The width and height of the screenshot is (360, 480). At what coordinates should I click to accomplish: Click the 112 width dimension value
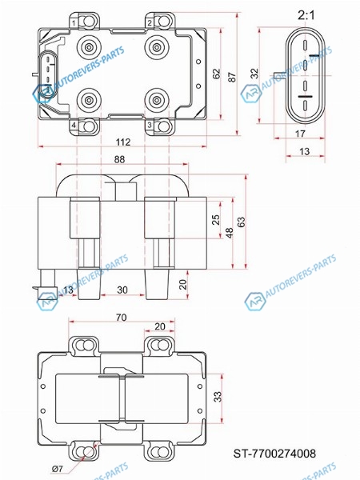(123, 142)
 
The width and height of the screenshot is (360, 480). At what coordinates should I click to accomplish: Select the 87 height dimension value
(232, 77)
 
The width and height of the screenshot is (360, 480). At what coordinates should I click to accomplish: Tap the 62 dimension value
(216, 74)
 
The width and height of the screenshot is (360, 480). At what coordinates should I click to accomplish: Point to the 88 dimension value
(119, 159)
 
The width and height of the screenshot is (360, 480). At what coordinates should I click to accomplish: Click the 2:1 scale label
(306, 15)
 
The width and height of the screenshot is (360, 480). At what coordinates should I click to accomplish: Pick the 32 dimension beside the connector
(254, 74)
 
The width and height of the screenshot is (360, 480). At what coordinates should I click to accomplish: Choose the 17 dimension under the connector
(300, 134)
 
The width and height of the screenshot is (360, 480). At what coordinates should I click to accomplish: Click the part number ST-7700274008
(274, 454)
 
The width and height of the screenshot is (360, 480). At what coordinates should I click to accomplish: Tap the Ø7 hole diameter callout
(58, 468)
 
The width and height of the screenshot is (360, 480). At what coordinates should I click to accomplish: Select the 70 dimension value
(122, 317)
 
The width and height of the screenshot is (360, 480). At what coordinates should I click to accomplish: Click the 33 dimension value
(217, 397)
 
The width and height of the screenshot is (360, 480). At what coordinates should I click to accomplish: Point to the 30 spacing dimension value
(122, 290)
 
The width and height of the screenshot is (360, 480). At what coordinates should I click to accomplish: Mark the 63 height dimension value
(242, 222)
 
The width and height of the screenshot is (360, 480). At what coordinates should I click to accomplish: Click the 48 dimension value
(230, 232)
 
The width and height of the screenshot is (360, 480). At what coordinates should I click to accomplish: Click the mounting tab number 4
(74, 125)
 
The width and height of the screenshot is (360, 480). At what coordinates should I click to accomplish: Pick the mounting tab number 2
(150, 22)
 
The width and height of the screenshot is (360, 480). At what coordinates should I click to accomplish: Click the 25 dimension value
(216, 220)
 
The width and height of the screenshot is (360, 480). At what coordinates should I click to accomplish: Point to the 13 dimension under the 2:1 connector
(304, 151)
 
